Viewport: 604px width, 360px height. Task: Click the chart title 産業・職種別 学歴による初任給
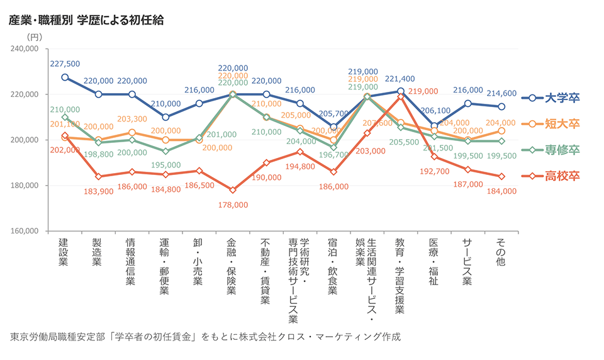pos(86,20)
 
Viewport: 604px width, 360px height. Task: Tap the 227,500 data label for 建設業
pos(65,64)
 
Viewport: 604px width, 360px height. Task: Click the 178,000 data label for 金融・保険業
pos(233,205)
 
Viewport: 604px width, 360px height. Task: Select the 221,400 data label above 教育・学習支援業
pos(400,79)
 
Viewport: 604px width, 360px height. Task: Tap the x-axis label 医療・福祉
pos(433,261)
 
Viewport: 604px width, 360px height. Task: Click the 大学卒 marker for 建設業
pos(65,77)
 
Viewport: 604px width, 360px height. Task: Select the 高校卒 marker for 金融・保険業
pos(233,190)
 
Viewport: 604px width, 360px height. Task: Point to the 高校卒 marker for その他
pos(501,176)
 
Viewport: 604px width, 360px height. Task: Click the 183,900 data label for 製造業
pos(98,191)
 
